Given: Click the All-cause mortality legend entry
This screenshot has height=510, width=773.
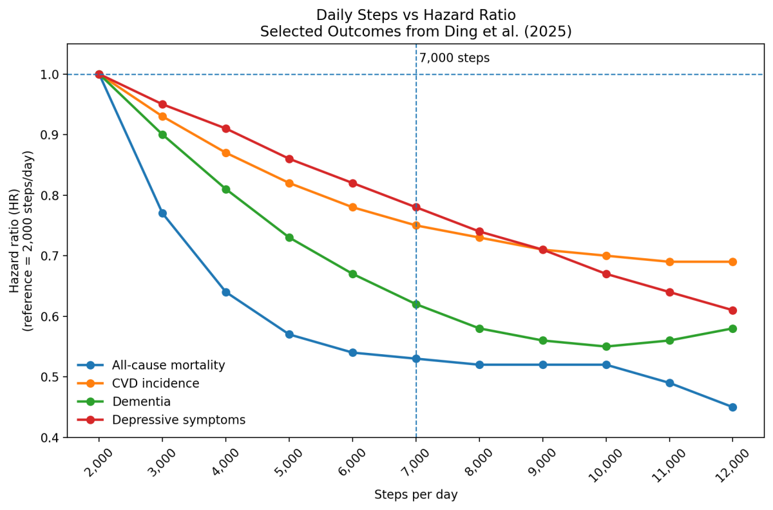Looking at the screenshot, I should pyautogui.click(x=168, y=365).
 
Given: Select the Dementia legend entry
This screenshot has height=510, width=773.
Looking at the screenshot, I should pyautogui.click(x=141, y=402).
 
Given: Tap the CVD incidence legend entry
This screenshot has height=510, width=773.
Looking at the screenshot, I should pyautogui.click(x=155, y=384).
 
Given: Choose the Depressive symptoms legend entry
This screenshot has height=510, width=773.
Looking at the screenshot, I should pyautogui.click(x=178, y=420).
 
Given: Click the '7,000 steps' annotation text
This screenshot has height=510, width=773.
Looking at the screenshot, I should pyautogui.click(x=454, y=58).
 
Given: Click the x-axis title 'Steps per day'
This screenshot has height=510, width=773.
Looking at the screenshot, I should pyautogui.click(x=415, y=495).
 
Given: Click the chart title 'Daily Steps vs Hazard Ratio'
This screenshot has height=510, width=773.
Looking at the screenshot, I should pyautogui.click(x=415, y=15).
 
